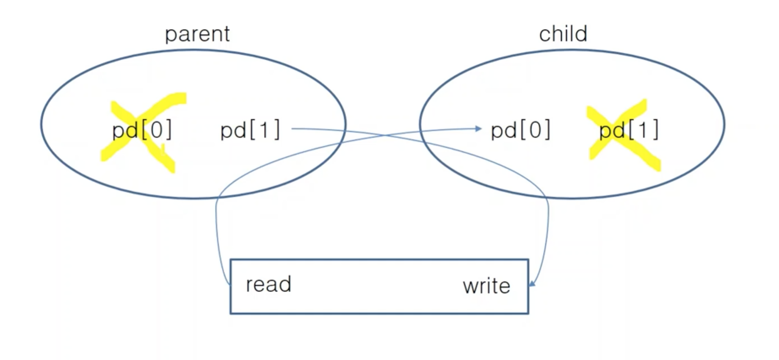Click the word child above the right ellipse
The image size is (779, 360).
point(563,34)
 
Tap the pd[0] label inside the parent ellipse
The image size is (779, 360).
point(142,130)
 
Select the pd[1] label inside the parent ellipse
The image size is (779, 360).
point(250,130)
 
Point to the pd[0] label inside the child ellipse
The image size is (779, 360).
point(520,130)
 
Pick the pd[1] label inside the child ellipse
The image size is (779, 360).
point(629,130)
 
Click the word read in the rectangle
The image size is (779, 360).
point(268,284)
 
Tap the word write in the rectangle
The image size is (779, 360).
point(486,286)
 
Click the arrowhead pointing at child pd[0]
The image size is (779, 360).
point(479,128)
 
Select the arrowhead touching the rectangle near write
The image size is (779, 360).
point(532,283)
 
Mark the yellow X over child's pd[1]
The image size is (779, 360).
point(623,135)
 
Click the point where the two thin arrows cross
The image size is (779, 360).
point(384,135)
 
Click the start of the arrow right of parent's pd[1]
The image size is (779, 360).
point(293,128)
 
